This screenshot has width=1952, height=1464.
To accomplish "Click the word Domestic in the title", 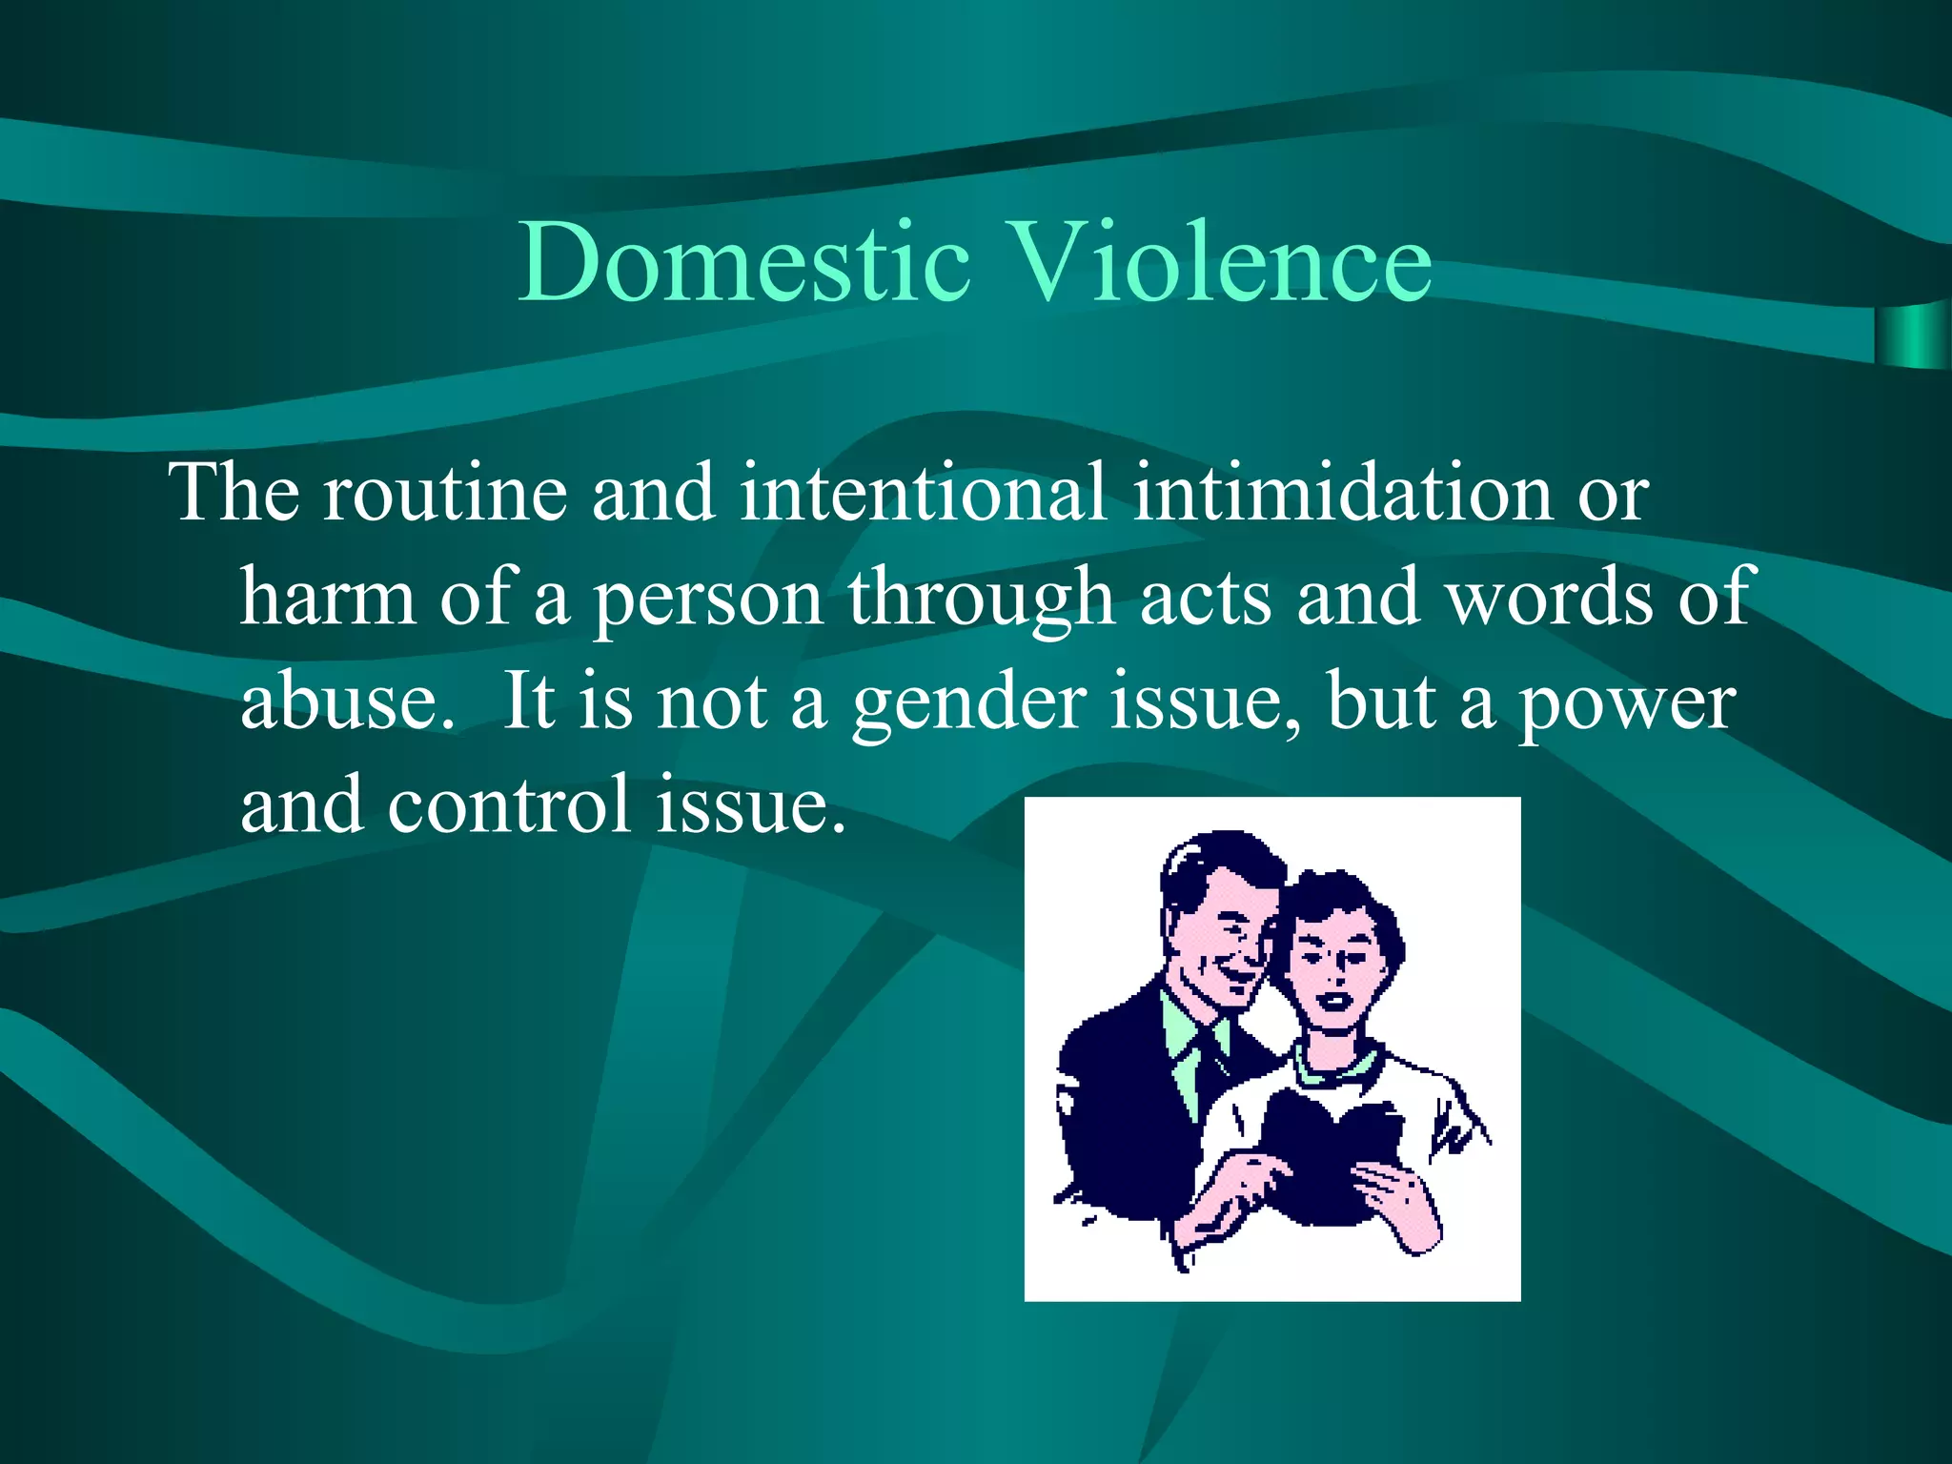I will point(743,262).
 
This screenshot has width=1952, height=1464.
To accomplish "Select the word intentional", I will point(923,493).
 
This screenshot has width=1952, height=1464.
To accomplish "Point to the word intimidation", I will point(1342,493).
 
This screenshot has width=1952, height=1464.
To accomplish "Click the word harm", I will point(328,598).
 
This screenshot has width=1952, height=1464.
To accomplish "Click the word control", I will point(509,805).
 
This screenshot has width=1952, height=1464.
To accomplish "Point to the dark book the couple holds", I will point(1325,1153).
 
